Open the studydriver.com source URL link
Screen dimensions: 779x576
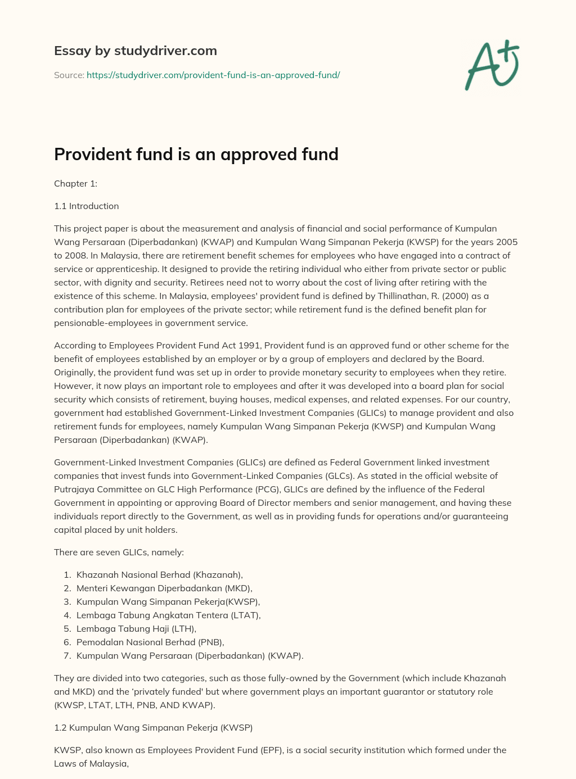(213, 75)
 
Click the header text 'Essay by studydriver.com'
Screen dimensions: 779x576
(135, 51)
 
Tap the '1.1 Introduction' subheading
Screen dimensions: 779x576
(86, 206)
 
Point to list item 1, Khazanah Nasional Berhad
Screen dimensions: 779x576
(159, 574)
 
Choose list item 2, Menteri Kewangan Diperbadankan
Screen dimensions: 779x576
(164, 588)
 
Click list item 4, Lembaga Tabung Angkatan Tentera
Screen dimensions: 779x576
(168, 615)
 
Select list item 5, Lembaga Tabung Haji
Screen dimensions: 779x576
(136, 628)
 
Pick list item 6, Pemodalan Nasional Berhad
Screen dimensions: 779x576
(150, 642)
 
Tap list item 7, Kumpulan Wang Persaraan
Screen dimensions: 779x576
(190, 655)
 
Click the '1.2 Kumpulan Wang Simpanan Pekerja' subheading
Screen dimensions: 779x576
(153, 727)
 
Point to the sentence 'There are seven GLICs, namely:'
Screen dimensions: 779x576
(119, 552)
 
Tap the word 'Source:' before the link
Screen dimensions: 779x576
(69, 75)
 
